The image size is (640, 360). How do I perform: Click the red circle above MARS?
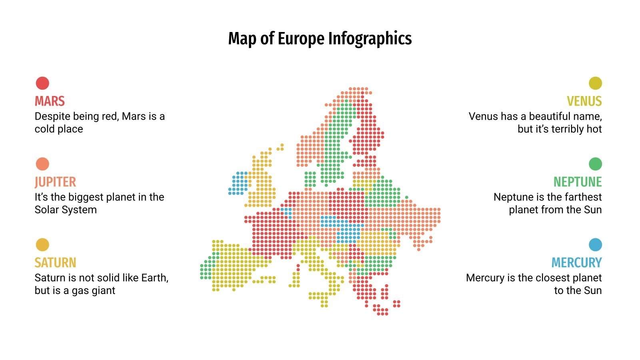tap(42, 83)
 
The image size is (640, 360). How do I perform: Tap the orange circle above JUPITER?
tap(42, 164)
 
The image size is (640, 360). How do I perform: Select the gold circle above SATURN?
tap(42, 245)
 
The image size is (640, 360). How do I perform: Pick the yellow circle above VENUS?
tap(595, 83)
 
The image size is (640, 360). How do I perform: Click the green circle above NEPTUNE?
tap(595, 164)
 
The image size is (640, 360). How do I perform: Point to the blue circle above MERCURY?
tap(595, 245)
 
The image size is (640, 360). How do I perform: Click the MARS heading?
tap(50, 101)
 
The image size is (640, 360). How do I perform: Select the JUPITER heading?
tap(55, 182)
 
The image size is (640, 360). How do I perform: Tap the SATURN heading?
tap(55, 263)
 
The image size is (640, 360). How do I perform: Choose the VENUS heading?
tap(584, 101)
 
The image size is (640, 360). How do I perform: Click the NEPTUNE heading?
tap(578, 182)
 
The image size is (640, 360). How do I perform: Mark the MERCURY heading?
tap(576, 263)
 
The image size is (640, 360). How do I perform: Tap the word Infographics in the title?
tap(370, 39)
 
